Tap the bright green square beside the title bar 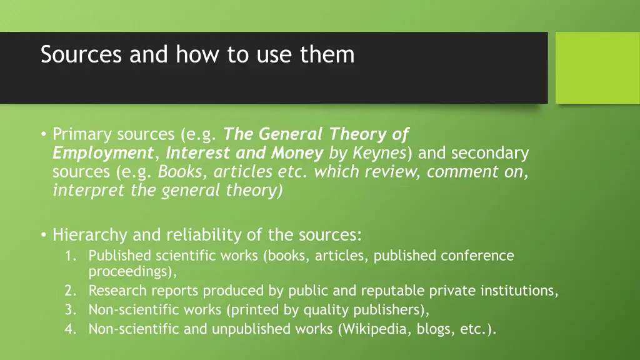pyautogui.click(x=597, y=67)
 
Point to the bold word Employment pyautogui.click(x=102, y=153)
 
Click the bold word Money pyautogui.click(x=297, y=153)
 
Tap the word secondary pyautogui.click(x=489, y=153)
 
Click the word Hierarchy pyautogui.click(x=90, y=235)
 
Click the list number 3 pyautogui.click(x=69, y=310)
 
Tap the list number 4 pyautogui.click(x=69, y=329)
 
